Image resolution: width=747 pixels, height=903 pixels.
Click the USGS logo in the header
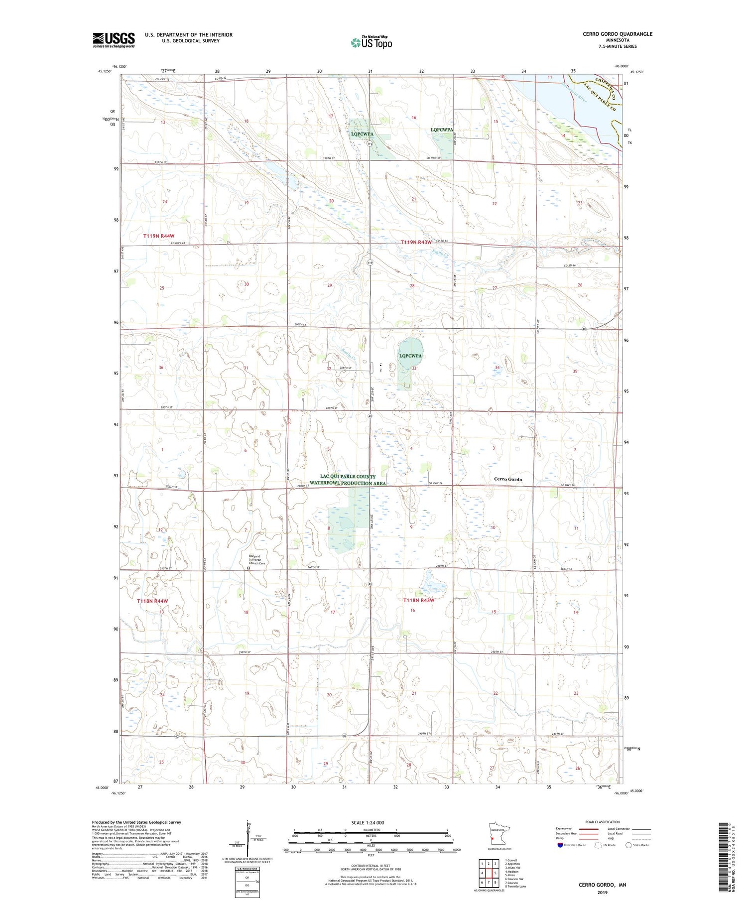click(x=114, y=40)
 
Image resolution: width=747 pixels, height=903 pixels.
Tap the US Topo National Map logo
click(x=371, y=42)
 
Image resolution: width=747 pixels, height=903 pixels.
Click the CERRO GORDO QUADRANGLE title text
click(x=617, y=34)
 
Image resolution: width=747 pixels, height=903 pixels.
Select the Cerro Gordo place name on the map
click(x=508, y=479)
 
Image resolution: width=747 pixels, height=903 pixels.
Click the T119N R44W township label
click(x=159, y=236)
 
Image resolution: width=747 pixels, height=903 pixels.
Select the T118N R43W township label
click(x=419, y=600)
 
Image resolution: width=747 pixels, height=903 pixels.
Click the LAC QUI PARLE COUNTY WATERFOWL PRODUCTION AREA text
click(x=348, y=480)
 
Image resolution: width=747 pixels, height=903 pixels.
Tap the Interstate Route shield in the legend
click(x=560, y=845)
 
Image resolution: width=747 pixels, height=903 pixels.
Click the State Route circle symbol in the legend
click(x=628, y=845)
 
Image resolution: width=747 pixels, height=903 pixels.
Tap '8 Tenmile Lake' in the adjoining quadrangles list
click(x=516, y=887)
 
